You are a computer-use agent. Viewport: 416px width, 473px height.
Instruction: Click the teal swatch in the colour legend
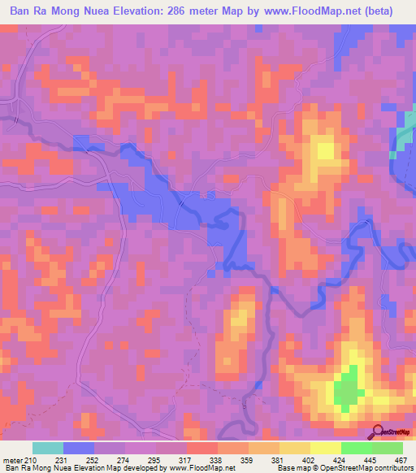tap(48, 448)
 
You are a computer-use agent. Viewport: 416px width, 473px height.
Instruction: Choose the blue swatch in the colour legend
tap(79, 448)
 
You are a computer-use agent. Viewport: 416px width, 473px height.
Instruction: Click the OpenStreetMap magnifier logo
tap(378, 432)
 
